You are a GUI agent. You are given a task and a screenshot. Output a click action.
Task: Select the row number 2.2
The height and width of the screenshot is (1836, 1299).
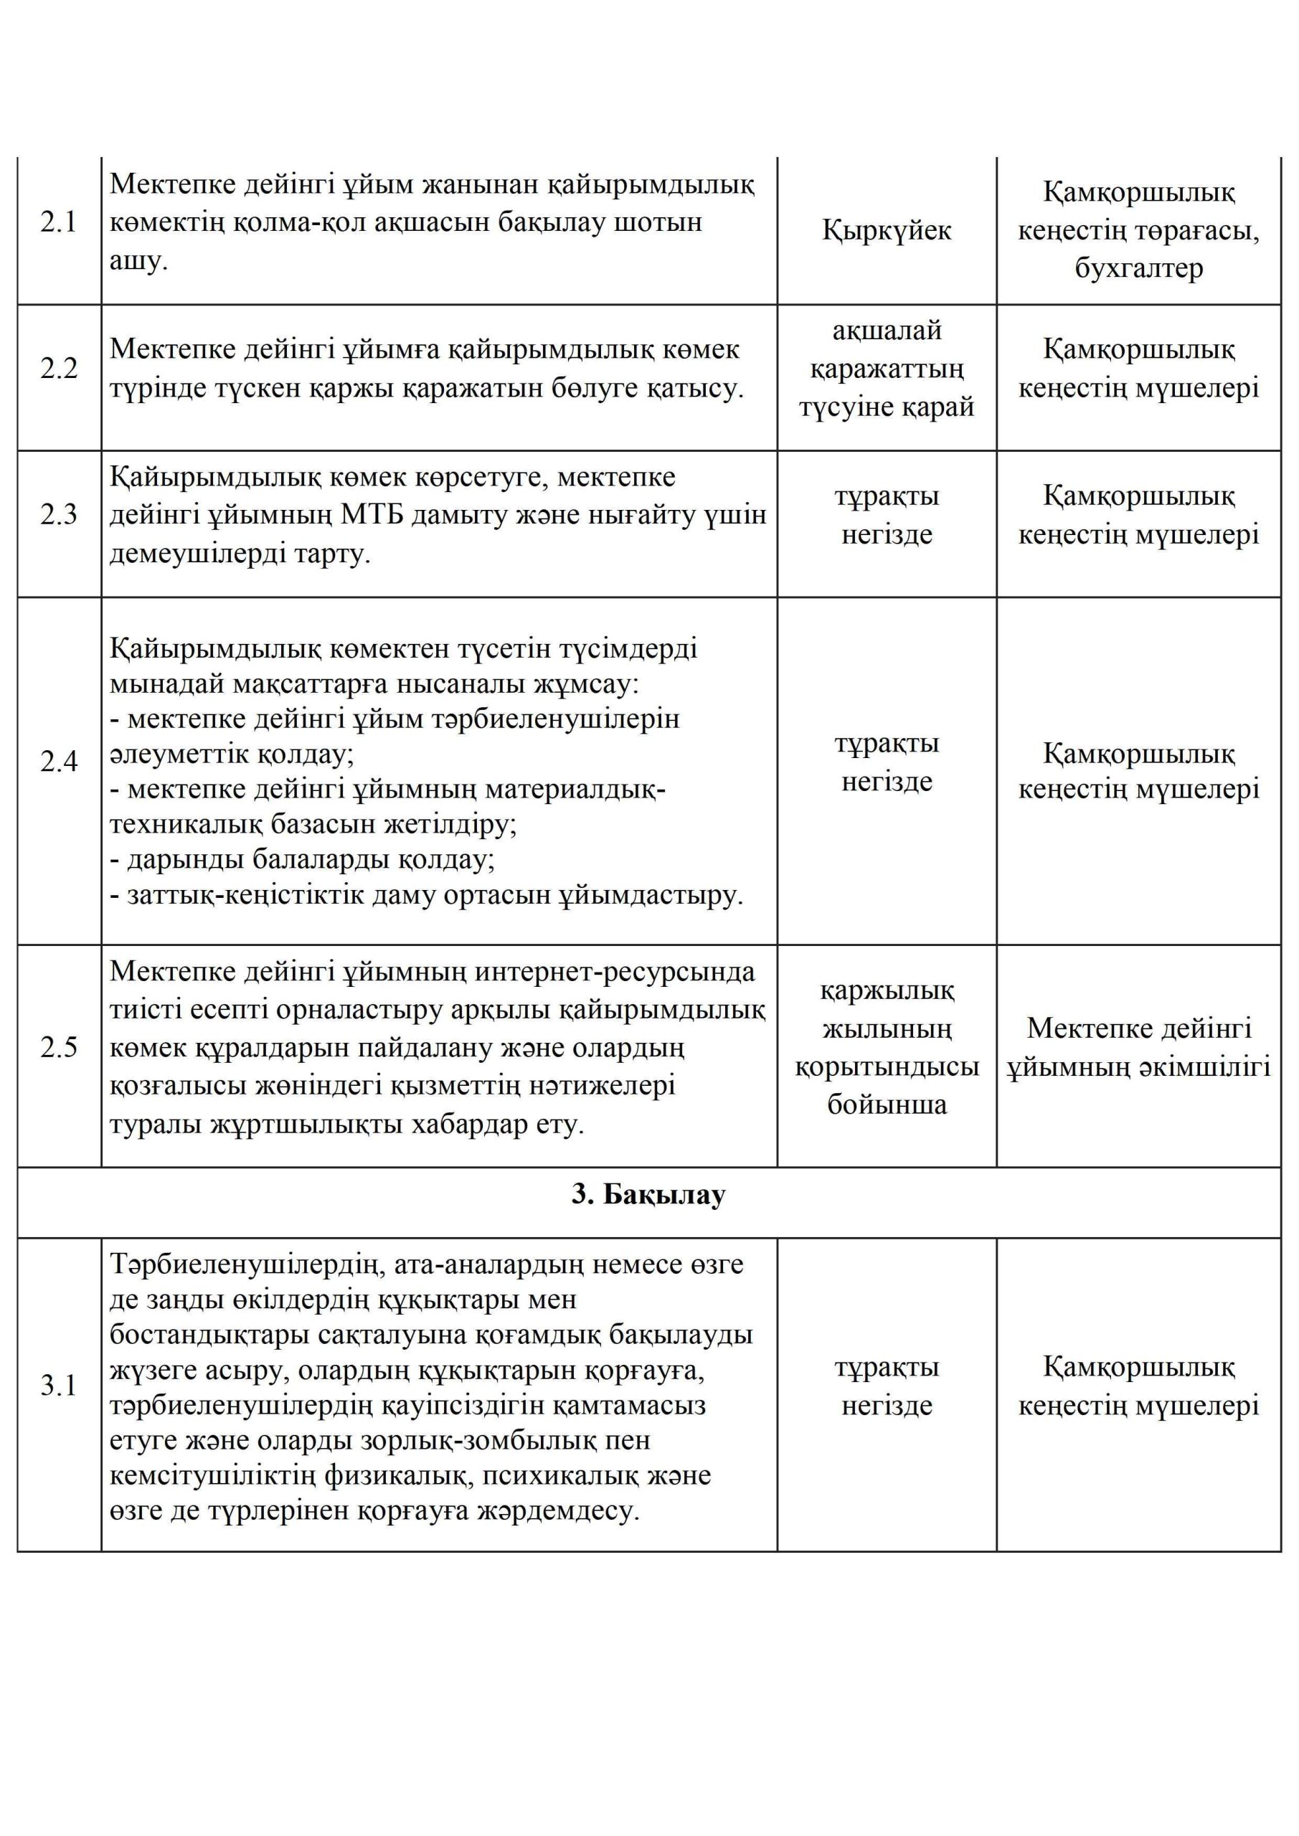point(58,369)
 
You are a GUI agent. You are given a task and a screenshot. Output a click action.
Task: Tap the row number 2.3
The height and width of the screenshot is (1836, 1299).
point(58,515)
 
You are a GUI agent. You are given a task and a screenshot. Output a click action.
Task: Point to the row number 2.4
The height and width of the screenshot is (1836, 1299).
point(58,762)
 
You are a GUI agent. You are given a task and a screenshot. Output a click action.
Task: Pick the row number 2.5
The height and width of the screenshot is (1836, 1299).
point(58,1047)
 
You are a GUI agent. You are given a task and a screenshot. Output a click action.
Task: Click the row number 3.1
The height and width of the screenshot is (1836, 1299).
point(58,1386)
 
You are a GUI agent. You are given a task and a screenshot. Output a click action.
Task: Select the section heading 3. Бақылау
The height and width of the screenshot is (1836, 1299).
point(648,1195)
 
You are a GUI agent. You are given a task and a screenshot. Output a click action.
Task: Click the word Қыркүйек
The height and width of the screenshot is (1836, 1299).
point(887,230)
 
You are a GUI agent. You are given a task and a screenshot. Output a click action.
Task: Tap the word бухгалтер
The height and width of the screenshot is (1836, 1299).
point(1138,269)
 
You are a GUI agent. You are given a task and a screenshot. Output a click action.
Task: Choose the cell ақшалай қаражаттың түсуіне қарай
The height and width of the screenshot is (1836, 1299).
point(887,369)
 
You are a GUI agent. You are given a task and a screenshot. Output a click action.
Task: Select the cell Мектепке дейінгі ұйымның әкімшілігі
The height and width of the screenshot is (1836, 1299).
point(1138,1048)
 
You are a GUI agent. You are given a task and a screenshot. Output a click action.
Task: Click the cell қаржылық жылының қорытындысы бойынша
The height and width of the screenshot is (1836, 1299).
point(887,1048)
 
